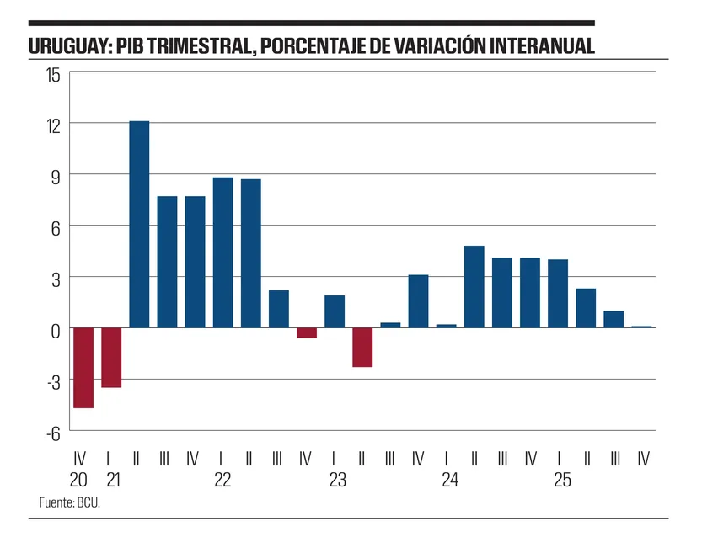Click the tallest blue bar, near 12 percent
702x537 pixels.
tap(139, 225)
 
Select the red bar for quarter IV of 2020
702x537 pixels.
tap(83, 368)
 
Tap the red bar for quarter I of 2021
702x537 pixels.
tap(111, 358)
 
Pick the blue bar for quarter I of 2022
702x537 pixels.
tap(222, 253)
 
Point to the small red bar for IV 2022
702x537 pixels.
tap(307, 333)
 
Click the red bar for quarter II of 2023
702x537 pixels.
tap(362, 348)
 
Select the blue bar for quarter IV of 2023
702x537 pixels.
tap(419, 301)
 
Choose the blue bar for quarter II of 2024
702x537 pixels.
tap(474, 287)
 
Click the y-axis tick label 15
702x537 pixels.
tap(53, 74)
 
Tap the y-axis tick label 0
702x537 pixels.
tap(56, 329)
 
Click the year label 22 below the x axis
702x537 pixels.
tap(222, 481)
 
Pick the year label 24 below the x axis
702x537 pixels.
tap(450, 481)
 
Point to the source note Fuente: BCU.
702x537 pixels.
tap(75, 502)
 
